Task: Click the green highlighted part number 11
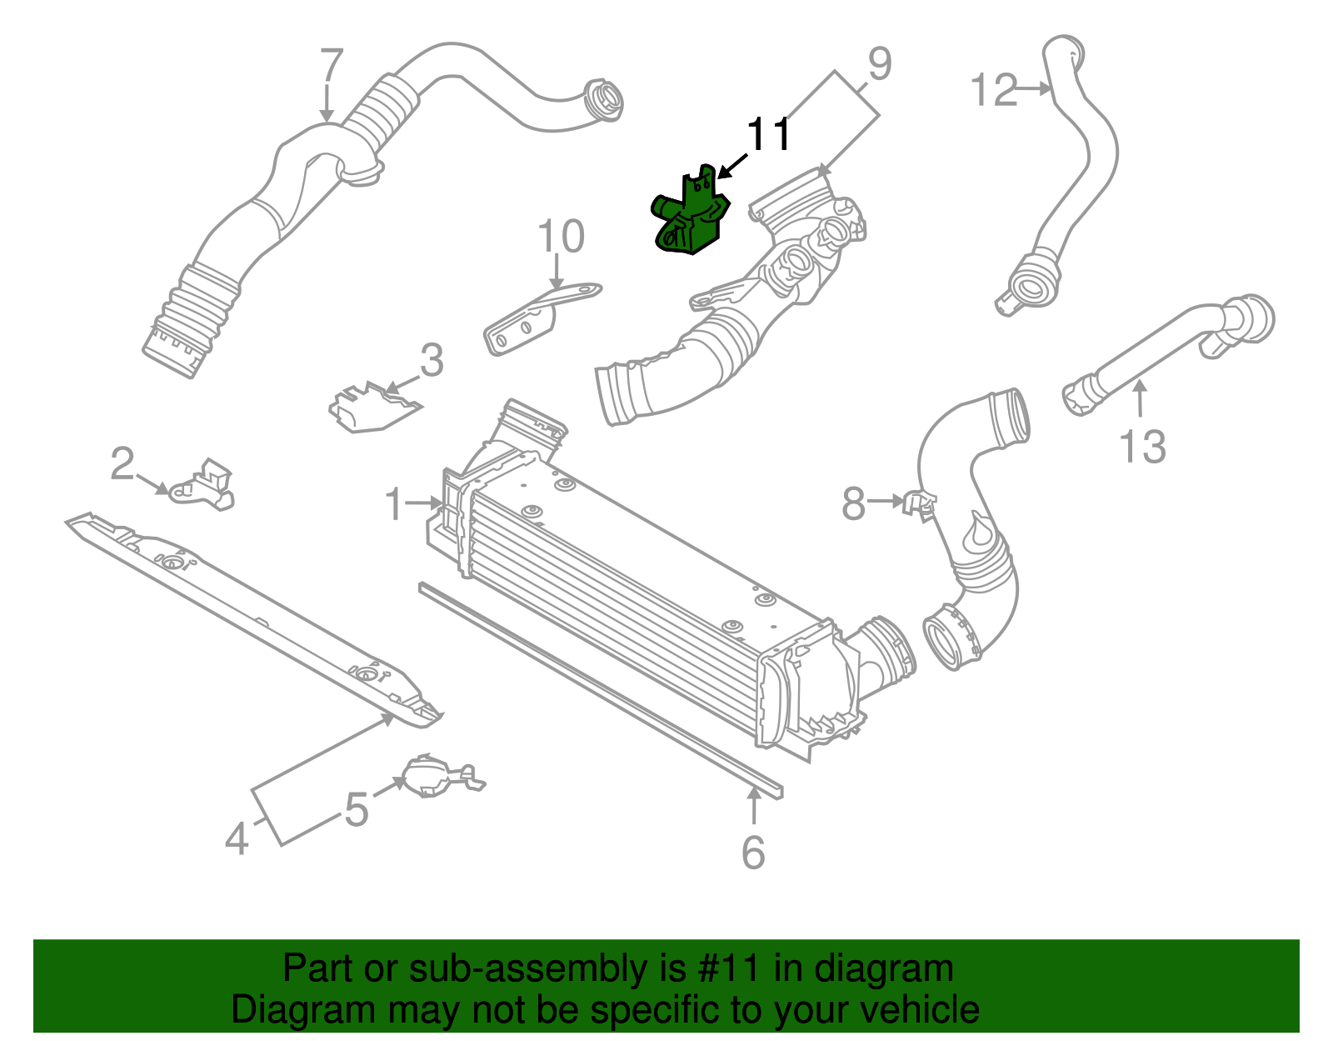pos(689,217)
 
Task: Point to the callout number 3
pos(432,361)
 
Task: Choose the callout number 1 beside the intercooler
pos(394,504)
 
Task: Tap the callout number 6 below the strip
pos(753,852)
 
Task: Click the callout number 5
pos(357,809)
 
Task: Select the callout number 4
pos(237,838)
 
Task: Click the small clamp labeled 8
pos(917,503)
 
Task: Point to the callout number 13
pos(1142,446)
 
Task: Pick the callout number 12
pos(994,89)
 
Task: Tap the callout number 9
pos(879,64)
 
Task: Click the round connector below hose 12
pos(1030,287)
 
